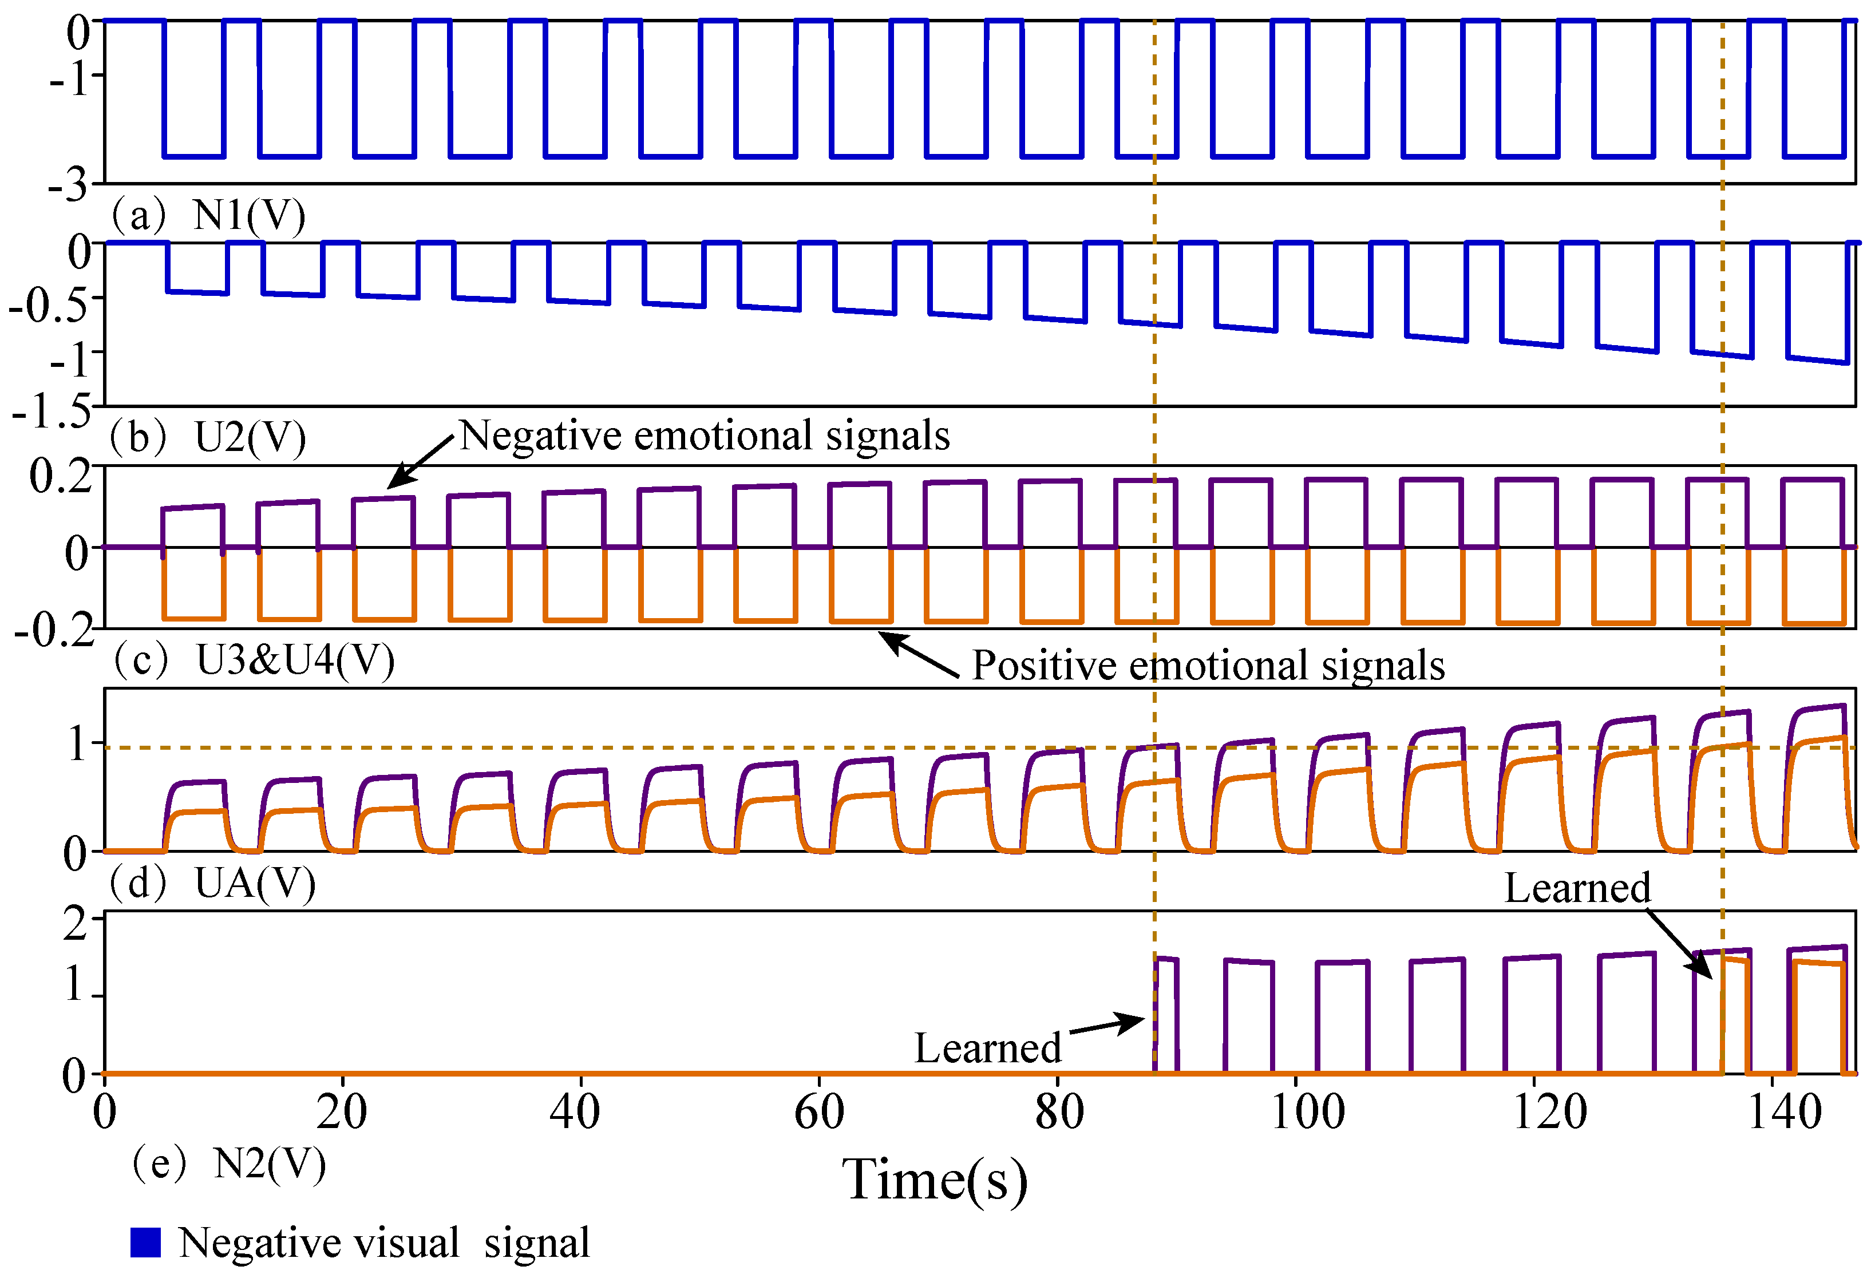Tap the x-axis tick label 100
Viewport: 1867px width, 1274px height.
1307,1113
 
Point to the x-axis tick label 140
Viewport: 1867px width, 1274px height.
1785,1113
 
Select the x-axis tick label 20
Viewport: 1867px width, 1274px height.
342,1113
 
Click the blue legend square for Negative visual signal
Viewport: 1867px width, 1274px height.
145,1242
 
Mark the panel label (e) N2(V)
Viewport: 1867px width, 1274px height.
229,1164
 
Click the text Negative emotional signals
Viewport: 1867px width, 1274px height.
705,436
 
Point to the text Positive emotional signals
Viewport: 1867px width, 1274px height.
1208,665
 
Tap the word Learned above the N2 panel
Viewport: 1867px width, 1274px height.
1577,888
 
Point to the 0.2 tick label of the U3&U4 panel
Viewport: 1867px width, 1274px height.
60,476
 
